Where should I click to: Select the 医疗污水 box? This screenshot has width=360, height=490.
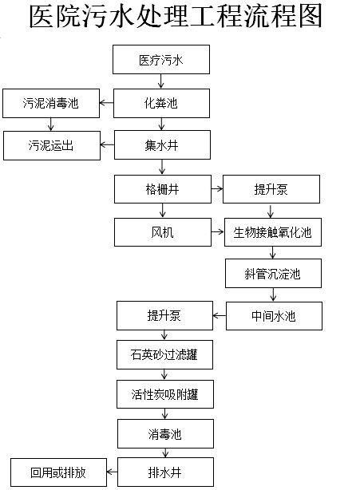[162, 59]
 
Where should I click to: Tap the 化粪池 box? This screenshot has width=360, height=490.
[162, 102]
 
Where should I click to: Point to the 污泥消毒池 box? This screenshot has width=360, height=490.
[51, 102]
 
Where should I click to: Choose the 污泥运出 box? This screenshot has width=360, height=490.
[51, 145]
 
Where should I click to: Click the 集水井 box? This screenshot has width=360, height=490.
[162, 145]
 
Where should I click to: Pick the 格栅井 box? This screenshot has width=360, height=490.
[162, 189]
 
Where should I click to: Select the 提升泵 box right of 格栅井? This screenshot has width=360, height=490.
[271, 189]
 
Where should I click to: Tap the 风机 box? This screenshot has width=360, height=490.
[162, 232]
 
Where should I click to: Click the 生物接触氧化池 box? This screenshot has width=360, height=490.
[271, 232]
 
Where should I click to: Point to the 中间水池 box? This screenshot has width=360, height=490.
[273, 316]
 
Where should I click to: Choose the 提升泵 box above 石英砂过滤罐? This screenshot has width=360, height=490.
[164, 315]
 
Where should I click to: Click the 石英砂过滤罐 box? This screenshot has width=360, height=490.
[165, 354]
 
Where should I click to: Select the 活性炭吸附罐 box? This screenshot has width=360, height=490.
[165, 393]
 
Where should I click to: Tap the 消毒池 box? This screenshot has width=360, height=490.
[165, 433]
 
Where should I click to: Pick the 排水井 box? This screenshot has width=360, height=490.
[165, 472]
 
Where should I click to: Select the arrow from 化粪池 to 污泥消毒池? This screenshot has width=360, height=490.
[108, 102]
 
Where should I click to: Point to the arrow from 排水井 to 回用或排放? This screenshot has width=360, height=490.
[113, 472]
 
